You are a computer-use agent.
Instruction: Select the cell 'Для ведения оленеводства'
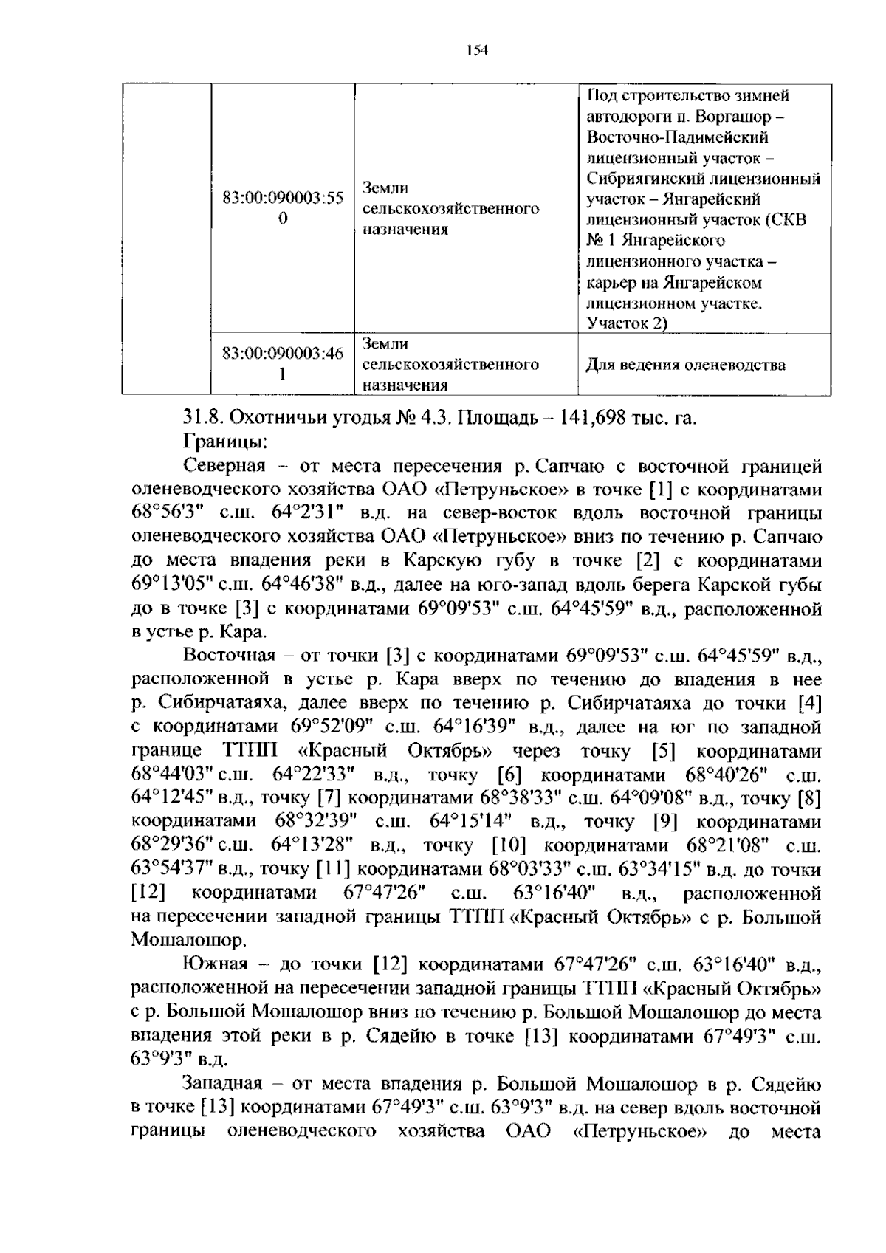pyautogui.click(x=685, y=365)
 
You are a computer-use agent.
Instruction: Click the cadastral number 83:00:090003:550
pyautogui.click(x=283, y=209)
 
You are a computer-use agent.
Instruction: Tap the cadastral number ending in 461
pyautogui.click(x=283, y=364)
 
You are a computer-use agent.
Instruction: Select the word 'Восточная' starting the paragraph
pyautogui.click(x=230, y=656)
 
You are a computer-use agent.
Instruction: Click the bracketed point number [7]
pyautogui.click(x=329, y=798)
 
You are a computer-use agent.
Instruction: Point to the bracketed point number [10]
pyautogui.click(x=508, y=845)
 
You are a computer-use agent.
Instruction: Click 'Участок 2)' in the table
pyautogui.click(x=627, y=323)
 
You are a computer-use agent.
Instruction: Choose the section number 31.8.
pyautogui.click(x=202, y=418)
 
